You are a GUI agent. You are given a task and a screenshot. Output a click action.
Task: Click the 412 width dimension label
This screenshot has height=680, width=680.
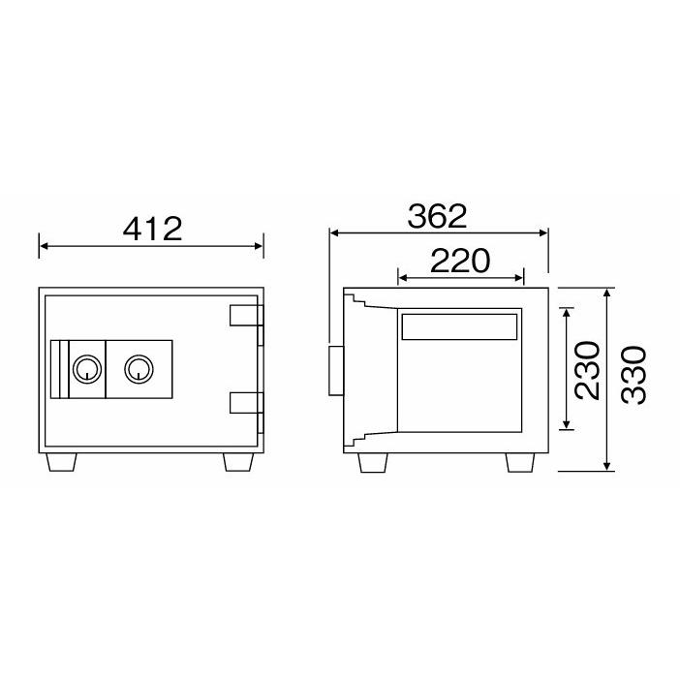[152, 229]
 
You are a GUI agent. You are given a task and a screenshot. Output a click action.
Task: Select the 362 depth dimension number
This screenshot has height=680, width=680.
[437, 216]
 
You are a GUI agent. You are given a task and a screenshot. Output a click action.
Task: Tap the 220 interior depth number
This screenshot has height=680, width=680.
[460, 261]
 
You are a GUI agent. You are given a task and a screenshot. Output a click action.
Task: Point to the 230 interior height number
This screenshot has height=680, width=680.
[587, 370]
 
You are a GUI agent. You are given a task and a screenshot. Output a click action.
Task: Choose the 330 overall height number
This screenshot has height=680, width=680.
[634, 375]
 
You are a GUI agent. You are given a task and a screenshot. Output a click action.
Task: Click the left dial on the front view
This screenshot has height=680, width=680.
[87, 369]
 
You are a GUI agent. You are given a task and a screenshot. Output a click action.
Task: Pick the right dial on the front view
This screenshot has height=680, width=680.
[139, 369]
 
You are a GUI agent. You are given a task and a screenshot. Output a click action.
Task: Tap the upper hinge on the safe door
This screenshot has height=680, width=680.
[246, 315]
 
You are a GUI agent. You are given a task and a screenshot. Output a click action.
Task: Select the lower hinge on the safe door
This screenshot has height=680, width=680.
[246, 402]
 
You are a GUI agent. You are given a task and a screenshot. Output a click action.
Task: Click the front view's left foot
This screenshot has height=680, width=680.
[61, 462]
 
